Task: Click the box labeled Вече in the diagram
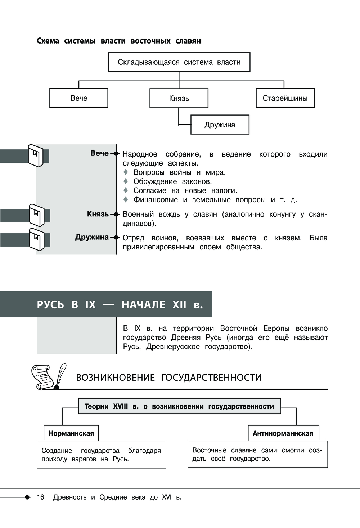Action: [x=78, y=98]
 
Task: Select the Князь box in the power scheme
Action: [x=179, y=98]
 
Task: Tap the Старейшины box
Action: [x=285, y=98]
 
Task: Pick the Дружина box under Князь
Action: [x=220, y=125]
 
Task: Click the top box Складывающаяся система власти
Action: [x=179, y=62]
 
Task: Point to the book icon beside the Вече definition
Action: [x=35, y=155]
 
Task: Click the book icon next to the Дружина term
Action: [x=36, y=239]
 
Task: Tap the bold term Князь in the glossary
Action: [x=98, y=214]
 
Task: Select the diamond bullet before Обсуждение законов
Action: [x=126, y=181]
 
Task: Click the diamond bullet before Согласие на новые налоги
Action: [x=126, y=190]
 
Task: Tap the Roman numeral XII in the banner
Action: [x=179, y=304]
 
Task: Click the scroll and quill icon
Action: [x=49, y=376]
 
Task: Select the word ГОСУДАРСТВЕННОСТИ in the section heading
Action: [x=211, y=378]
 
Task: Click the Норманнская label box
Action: [x=71, y=433]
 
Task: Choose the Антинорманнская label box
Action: [x=283, y=433]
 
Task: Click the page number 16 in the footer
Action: [x=40, y=497]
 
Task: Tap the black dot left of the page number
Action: [x=27, y=497]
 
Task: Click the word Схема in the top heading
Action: [x=48, y=41]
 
